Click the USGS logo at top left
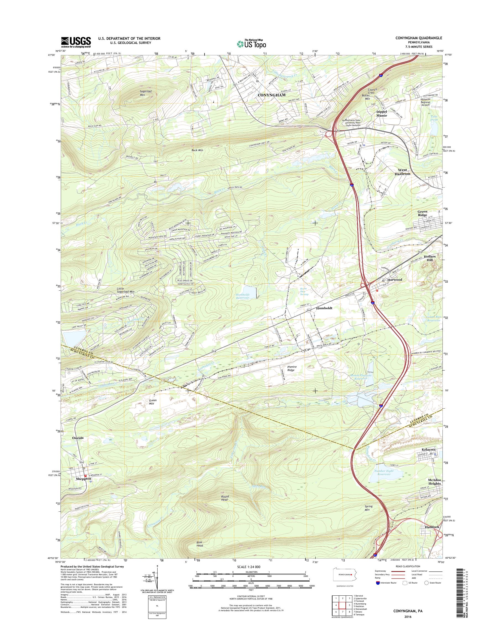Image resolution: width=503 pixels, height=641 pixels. (x=76, y=42)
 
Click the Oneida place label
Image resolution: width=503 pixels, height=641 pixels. (x=78, y=438)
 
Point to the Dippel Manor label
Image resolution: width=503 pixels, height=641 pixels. (x=381, y=114)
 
